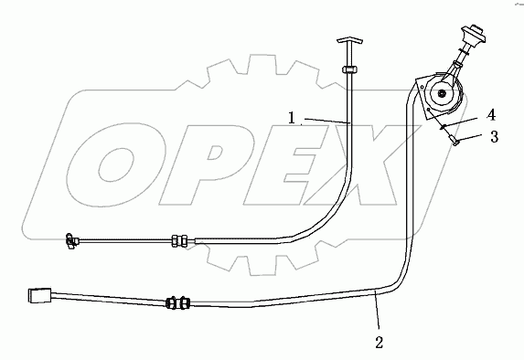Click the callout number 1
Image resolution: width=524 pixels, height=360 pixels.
click(x=291, y=119)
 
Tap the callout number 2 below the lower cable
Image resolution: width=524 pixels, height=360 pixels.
click(x=379, y=344)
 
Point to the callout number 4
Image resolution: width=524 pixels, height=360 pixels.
click(x=491, y=115)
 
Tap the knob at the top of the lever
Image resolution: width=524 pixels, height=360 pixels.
click(x=473, y=39)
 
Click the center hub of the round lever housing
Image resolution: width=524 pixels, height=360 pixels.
click(x=444, y=93)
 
